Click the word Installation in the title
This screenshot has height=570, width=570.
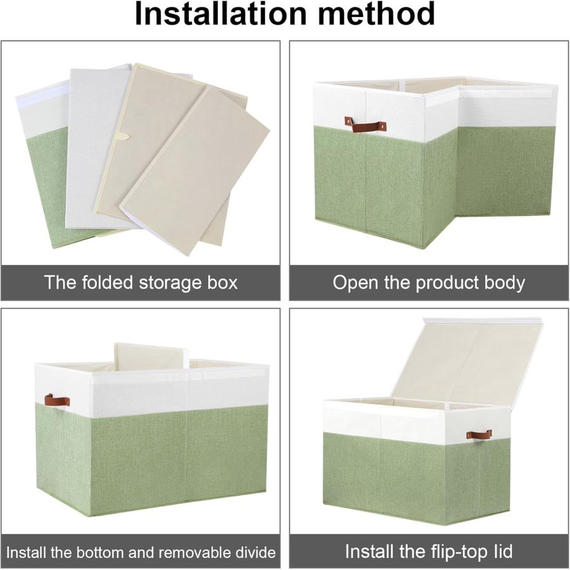click(x=220, y=14)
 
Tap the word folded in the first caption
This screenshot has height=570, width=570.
click(x=108, y=282)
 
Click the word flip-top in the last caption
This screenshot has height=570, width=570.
click(x=456, y=552)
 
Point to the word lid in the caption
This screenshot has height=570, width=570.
click(x=503, y=552)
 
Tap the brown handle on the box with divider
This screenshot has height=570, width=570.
click(x=57, y=401)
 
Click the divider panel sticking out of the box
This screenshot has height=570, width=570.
click(x=151, y=355)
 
